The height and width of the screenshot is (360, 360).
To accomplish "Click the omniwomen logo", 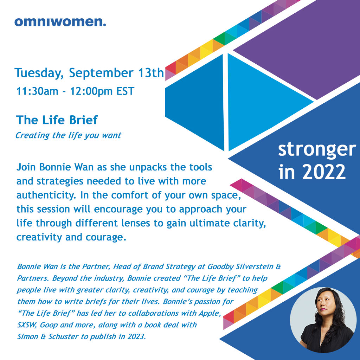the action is pyautogui.click(x=60, y=22).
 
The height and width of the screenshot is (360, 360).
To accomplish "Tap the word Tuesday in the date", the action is pyautogui.click(x=39, y=73).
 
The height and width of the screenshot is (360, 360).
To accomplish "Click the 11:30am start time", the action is pyautogui.click(x=37, y=91).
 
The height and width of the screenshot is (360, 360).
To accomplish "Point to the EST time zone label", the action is pyautogui.click(x=126, y=91).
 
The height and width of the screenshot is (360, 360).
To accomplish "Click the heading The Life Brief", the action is pyautogui.click(x=57, y=120).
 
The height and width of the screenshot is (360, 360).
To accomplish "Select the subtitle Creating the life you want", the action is pyautogui.click(x=68, y=135).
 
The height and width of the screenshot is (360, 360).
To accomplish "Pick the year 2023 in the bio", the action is pyautogui.click(x=137, y=336).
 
